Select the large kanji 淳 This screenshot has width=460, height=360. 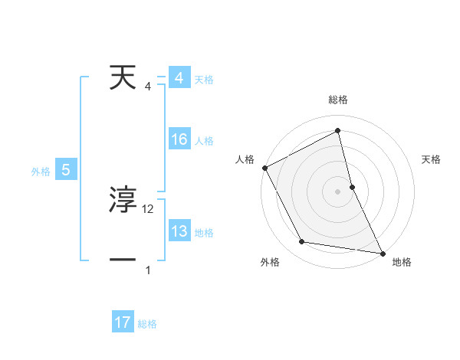tap(123, 201)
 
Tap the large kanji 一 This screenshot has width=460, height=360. tap(123, 260)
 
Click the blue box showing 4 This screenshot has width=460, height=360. tap(179, 79)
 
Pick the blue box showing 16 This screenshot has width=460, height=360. tap(179, 139)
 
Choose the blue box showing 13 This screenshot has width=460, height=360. tap(179, 231)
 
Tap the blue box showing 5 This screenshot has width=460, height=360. tap(66, 171)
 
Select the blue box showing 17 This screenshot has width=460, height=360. tap(123, 322)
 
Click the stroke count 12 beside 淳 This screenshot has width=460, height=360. tap(148, 208)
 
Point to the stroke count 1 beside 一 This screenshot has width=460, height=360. tap(148, 270)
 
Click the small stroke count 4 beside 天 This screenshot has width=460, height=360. tap(148, 86)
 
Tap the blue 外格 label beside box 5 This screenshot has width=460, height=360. tap(41, 172)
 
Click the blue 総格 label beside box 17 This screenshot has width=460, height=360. tap(147, 324)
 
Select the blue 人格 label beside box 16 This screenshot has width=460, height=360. tap(204, 141)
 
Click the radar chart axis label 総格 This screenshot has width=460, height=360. tap(337, 100)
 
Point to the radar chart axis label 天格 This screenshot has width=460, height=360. tap(432, 159)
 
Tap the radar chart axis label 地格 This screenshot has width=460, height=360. tap(402, 262)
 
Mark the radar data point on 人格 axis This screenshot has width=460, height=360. tap(264, 167)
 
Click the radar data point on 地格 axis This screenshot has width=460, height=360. tap(382, 252)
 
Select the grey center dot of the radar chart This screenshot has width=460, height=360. tap(337, 191)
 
